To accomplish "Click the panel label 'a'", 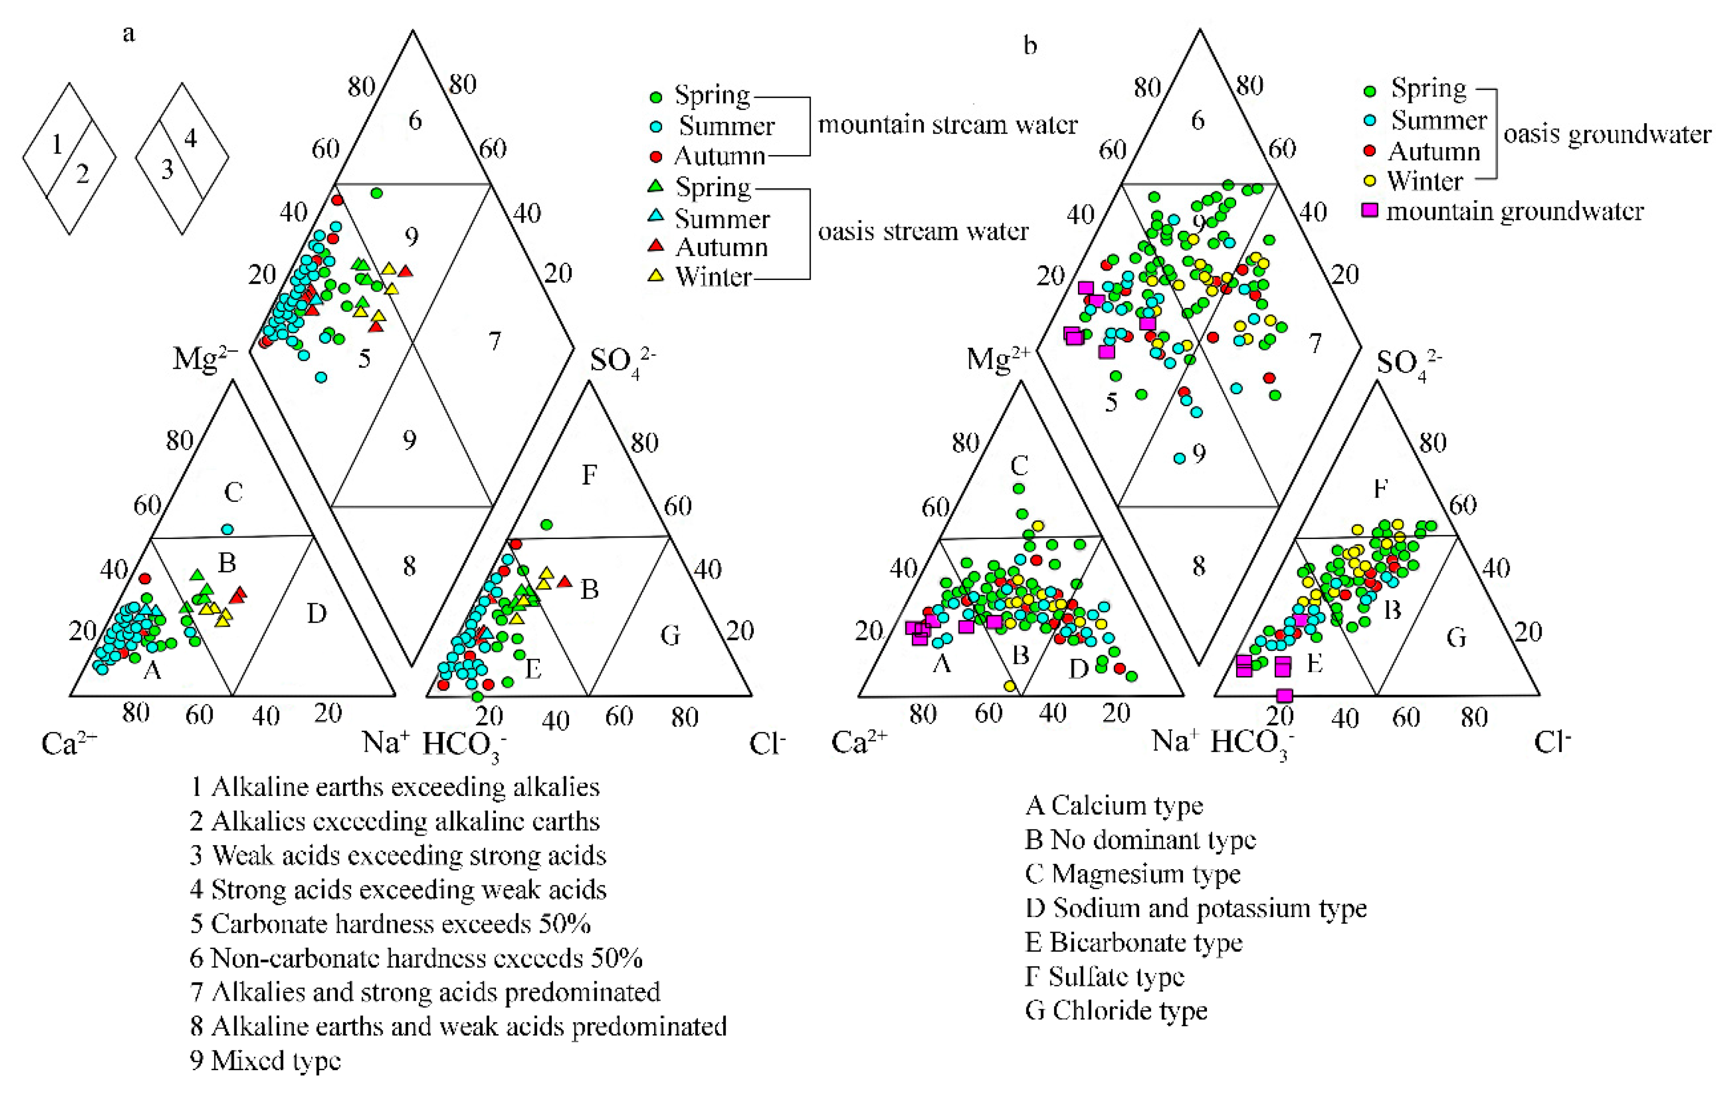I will click(x=128, y=34).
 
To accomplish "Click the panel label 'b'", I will click(x=1029, y=46).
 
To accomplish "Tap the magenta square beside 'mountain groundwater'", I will click(x=1370, y=210).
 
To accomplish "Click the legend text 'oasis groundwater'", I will click(x=1607, y=134).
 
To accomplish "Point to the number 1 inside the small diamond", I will click(x=57, y=146).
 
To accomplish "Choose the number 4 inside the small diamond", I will click(x=190, y=138).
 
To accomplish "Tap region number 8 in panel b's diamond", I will click(x=1199, y=567).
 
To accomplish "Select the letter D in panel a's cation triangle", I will click(x=317, y=613).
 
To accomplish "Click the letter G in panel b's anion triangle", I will click(x=1455, y=637).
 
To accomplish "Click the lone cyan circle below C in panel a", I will click(x=228, y=529).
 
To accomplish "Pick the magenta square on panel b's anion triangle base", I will click(x=1285, y=695).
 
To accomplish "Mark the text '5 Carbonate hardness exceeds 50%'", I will click(x=390, y=923).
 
